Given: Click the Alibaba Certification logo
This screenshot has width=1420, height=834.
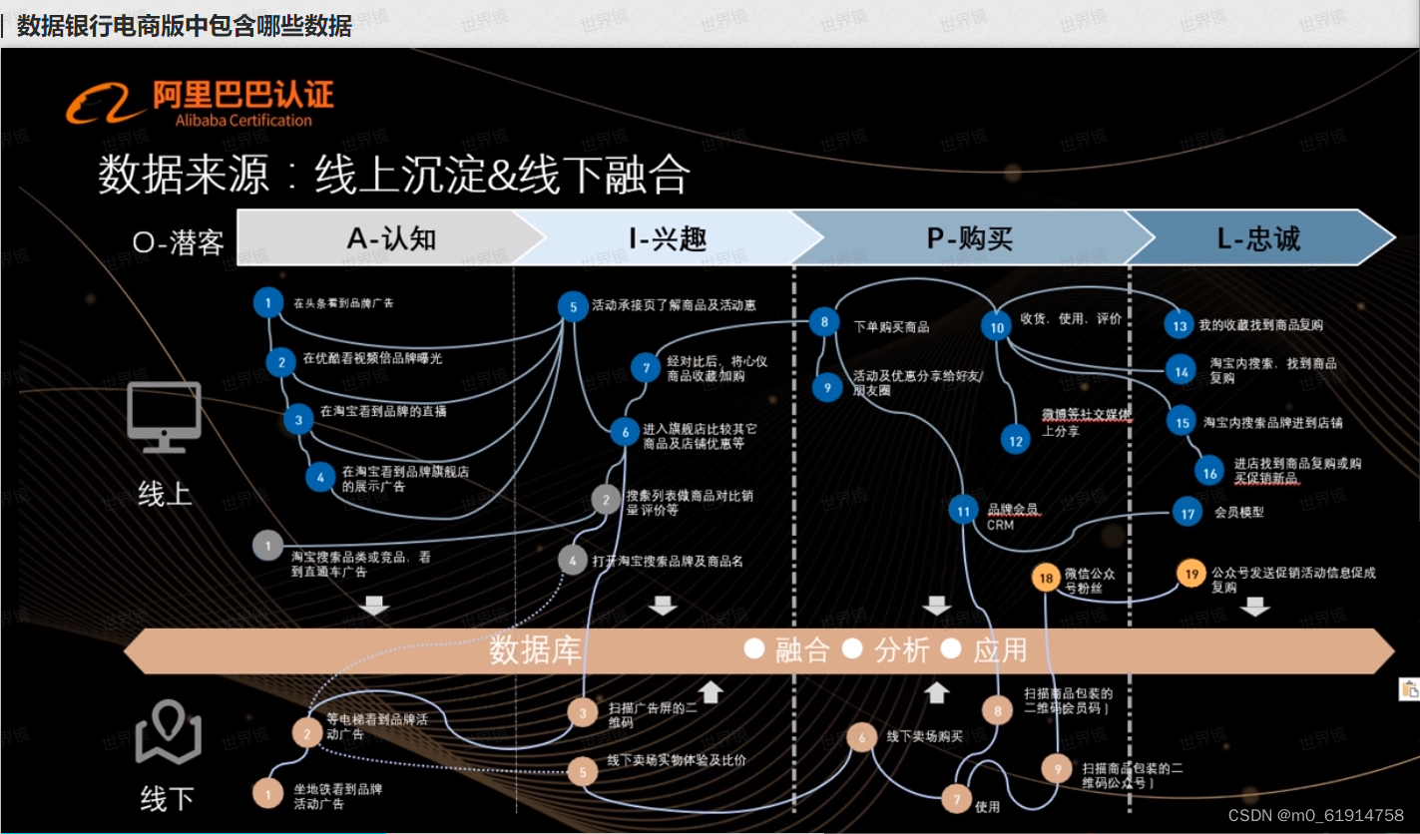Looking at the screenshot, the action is click(x=200, y=103).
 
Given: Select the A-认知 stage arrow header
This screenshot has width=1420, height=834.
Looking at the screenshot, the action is click(x=391, y=238).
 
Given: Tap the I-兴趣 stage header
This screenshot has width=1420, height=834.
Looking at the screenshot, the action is click(x=668, y=238).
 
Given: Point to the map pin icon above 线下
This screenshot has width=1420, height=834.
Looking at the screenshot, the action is click(x=168, y=734).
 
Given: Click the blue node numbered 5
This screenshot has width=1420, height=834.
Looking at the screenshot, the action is click(x=573, y=307).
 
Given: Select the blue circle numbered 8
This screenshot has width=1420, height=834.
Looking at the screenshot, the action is click(x=824, y=321).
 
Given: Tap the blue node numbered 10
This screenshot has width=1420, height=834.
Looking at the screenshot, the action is click(x=997, y=326).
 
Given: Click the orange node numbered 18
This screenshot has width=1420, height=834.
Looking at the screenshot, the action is click(x=1046, y=578).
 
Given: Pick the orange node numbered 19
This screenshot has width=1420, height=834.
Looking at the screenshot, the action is click(x=1191, y=574).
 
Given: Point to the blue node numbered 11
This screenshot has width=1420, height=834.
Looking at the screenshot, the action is click(x=963, y=512).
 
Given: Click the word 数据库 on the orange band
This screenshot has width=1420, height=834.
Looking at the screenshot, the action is click(x=535, y=650).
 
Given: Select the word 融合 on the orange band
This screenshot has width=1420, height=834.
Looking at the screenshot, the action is click(x=802, y=650).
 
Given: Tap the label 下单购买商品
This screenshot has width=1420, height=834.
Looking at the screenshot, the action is click(x=891, y=326).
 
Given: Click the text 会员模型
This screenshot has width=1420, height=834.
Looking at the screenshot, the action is click(x=1238, y=513).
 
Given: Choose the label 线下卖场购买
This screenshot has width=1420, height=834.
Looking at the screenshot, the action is click(x=924, y=736).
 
